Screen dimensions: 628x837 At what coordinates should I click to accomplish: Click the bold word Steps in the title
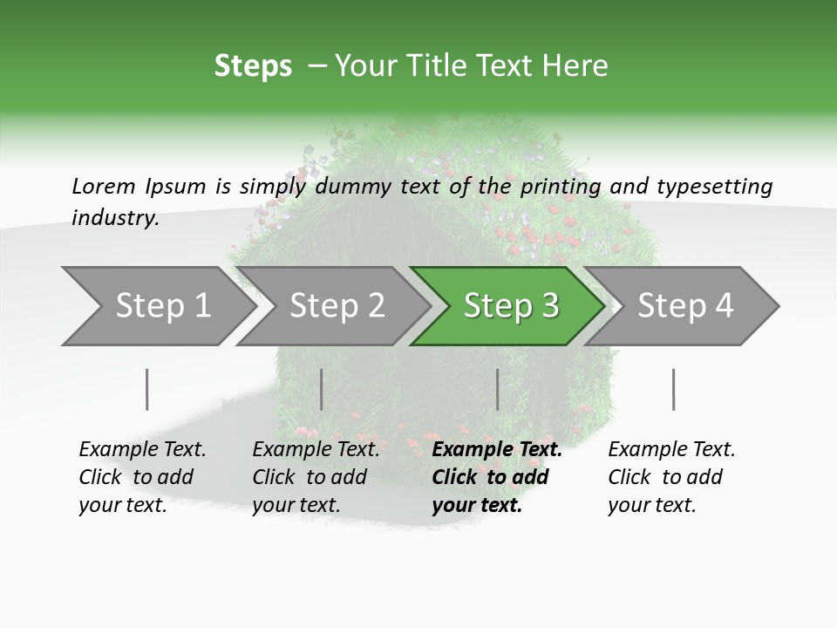253,66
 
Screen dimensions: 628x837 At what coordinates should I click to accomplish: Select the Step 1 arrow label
163,306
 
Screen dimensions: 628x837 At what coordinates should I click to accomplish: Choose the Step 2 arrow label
337,306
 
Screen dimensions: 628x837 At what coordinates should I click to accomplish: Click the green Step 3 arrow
511,306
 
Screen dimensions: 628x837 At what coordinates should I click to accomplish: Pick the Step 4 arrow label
685,306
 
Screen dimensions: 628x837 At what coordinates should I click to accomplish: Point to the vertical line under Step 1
147,389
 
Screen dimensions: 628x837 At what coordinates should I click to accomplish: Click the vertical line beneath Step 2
322,389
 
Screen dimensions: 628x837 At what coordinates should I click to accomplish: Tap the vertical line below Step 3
497,389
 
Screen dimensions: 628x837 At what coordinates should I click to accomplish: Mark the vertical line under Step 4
673,389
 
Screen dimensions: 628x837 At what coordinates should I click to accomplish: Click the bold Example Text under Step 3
497,450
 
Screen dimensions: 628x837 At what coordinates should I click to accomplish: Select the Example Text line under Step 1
142,450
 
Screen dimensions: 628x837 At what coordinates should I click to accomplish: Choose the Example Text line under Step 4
671,450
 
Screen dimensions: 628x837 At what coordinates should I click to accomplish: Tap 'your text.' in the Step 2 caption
296,506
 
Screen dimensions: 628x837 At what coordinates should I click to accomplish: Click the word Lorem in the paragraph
103,187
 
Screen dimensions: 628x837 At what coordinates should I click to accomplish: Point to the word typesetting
714,187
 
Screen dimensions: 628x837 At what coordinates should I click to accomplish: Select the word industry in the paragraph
115,218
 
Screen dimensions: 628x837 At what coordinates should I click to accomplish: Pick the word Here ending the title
575,66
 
